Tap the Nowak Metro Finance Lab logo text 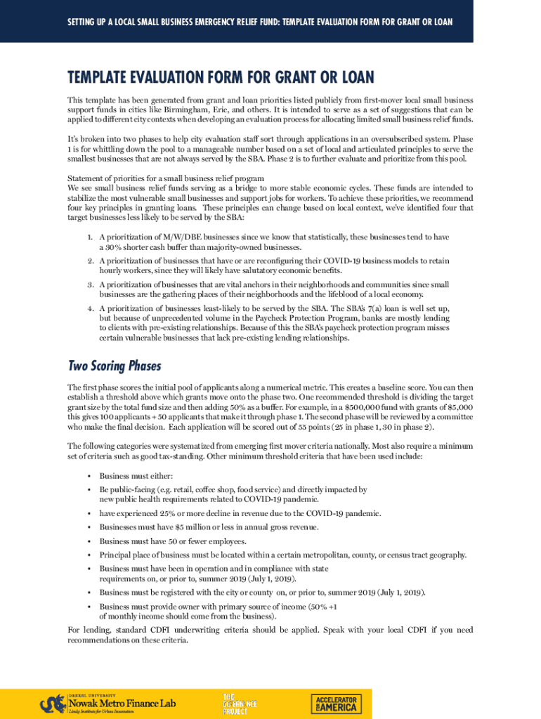[x=122, y=703]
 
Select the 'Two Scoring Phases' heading [x=115, y=366]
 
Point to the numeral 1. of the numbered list [x=91, y=237]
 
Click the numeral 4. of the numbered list [x=91, y=308]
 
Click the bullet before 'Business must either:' [x=89, y=477]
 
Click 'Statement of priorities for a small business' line [x=166, y=178]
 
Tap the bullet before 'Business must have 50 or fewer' [x=89, y=541]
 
